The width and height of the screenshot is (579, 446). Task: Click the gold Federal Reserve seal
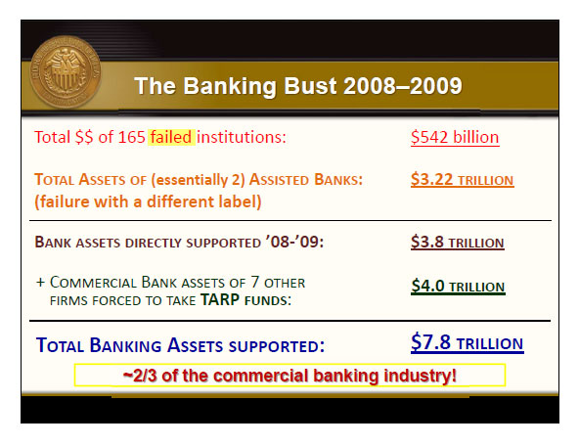pyautogui.click(x=66, y=72)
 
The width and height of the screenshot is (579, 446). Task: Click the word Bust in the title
pyautogui.click(x=310, y=86)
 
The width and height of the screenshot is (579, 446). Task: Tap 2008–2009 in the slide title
pyautogui.click(x=403, y=86)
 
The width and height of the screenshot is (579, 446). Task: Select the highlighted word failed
pyautogui.click(x=171, y=137)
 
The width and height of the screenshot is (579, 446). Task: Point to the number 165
pyautogui.click(x=131, y=137)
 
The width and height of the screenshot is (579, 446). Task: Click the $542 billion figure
pyautogui.click(x=455, y=137)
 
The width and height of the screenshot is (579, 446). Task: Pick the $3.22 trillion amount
pyautogui.click(x=462, y=180)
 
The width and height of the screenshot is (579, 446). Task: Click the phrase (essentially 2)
pyautogui.click(x=198, y=180)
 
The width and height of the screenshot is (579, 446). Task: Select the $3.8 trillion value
pyautogui.click(x=457, y=243)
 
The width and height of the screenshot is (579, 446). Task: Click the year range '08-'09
pyautogui.click(x=294, y=242)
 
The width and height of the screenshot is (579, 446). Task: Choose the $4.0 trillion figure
pyautogui.click(x=458, y=287)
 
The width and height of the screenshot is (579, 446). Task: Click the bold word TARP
pyautogui.click(x=220, y=300)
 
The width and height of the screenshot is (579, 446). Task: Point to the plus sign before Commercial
pyautogui.click(x=40, y=283)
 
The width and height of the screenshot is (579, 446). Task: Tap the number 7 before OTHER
pyautogui.click(x=255, y=282)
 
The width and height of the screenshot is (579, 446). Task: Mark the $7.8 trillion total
pyautogui.click(x=468, y=342)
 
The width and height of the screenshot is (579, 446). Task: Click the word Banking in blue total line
pyautogui.click(x=125, y=345)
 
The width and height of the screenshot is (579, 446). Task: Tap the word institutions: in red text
pyautogui.click(x=242, y=137)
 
